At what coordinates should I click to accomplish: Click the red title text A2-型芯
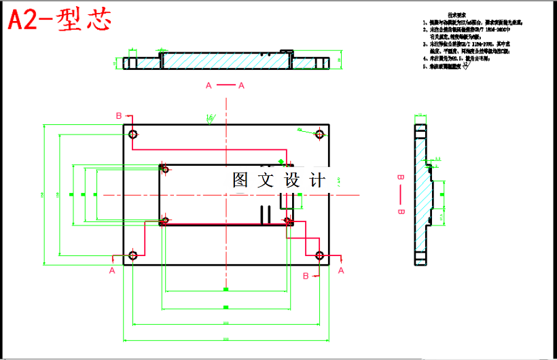[58, 20]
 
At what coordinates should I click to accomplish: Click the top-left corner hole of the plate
[132, 134]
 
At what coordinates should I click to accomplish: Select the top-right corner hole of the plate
[319, 134]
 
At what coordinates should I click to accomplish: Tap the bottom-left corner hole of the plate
[132, 255]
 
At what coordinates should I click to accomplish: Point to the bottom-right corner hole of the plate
[319, 255]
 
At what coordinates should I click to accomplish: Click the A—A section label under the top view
[225, 85]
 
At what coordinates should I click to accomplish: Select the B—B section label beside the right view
[400, 194]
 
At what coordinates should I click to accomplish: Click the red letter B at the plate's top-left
[118, 115]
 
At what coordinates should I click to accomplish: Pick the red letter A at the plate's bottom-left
[112, 270]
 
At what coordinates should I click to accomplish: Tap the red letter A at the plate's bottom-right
[341, 270]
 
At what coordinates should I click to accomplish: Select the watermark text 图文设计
[278, 180]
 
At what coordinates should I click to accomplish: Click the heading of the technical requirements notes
[456, 14]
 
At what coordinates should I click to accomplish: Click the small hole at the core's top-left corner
[163, 167]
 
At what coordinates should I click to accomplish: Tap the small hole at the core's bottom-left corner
[163, 220]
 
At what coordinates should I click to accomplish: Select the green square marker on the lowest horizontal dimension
[226, 338]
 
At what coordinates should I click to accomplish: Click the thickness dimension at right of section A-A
[340, 61]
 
